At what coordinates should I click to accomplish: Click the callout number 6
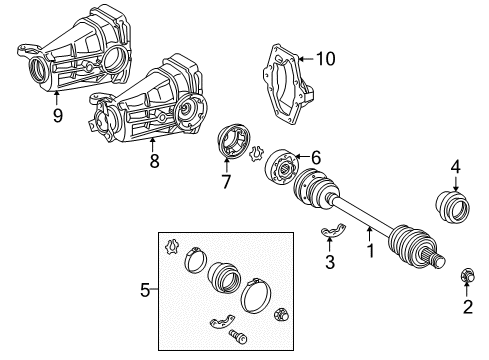[315, 158]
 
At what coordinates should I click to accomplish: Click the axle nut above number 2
[466, 275]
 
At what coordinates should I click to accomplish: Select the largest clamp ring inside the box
[257, 297]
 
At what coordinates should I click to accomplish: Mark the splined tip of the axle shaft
[438, 262]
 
